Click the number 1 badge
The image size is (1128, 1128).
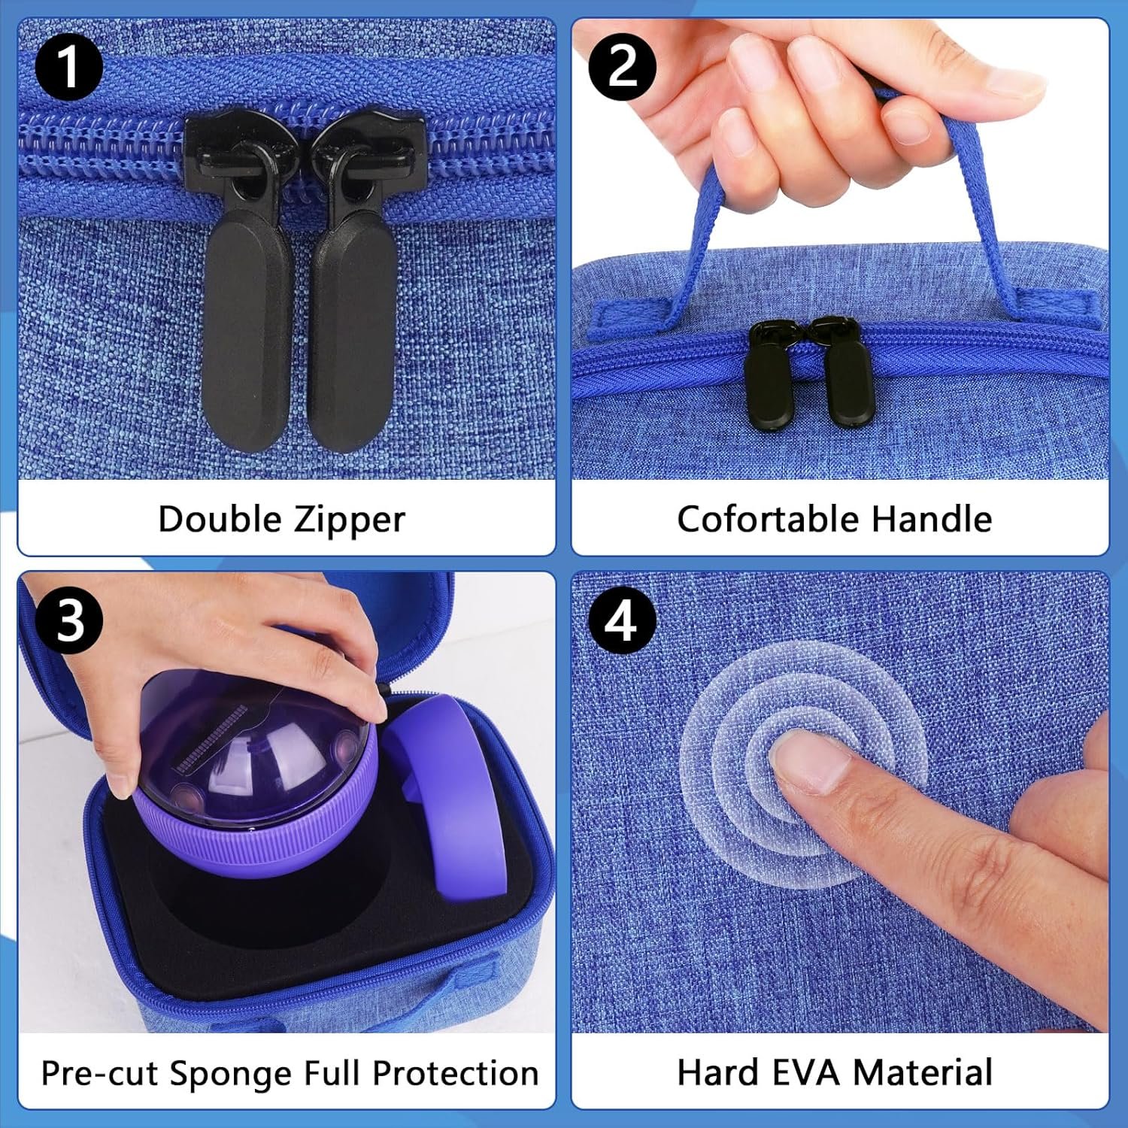coord(68,67)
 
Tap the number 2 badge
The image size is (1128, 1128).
coord(622,67)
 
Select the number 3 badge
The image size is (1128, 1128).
coord(68,620)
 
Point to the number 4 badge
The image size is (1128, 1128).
coord(622,620)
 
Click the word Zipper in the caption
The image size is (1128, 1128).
coord(350,520)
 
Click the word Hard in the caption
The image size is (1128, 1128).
coord(717,1073)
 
